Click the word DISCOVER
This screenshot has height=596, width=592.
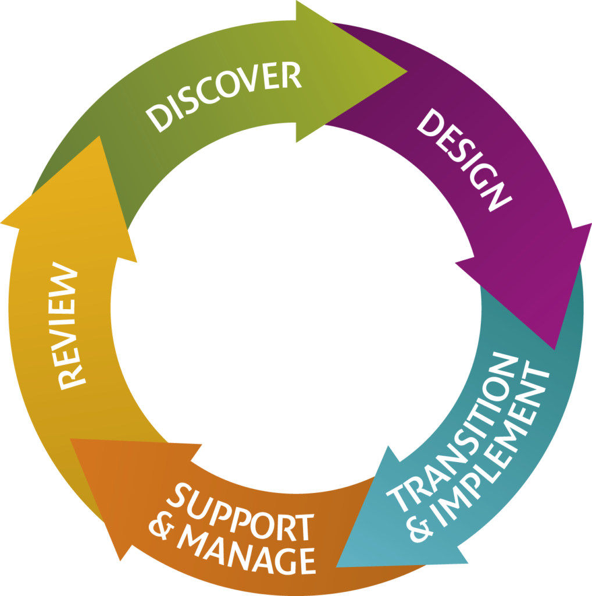(x=224, y=97)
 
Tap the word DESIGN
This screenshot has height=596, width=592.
(x=463, y=159)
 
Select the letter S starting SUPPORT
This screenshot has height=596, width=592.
(x=178, y=497)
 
